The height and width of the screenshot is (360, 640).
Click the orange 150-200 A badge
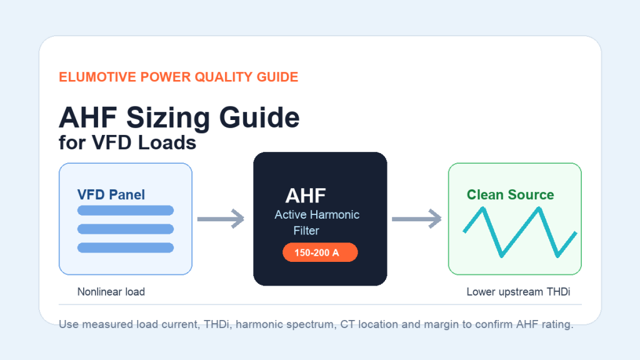(x=320, y=252)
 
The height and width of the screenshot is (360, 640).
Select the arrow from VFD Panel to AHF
(x=221, y=219)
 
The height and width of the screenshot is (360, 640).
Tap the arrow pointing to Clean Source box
(x=416, y=219)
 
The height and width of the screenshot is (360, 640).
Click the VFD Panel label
(x=111, y=195)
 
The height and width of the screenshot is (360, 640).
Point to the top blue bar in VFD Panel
(x=125, y=210)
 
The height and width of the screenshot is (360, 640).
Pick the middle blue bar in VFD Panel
(x=125, y=229)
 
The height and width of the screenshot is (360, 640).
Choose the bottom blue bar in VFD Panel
(x=125, y=247)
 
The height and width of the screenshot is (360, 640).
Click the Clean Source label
(x=510, y=195)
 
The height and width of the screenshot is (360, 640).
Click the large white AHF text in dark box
(x=305, y=196)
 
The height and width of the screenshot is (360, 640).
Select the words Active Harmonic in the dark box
(x=317, y=215)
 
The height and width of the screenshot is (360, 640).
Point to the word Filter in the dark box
(x=306, y=231)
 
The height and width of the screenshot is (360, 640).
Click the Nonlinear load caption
(x=111, y=292)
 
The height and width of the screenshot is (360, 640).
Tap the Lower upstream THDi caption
(x=518, y=292)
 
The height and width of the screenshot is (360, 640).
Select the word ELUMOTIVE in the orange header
(x=97, y=77)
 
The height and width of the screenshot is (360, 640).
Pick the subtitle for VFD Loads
(x=127, y=143)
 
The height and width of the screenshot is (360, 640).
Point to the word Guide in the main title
(x=259, y=117)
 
